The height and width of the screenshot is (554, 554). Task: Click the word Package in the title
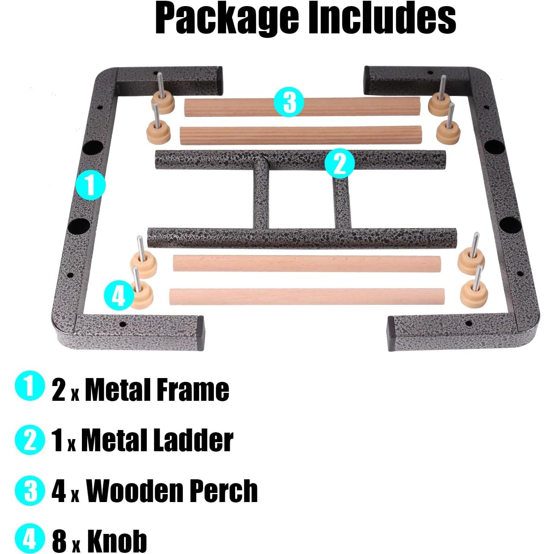tap(226, 18)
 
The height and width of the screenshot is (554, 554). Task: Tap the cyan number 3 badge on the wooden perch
tap(289, 102)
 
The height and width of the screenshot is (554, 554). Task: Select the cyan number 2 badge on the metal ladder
tap(340, 163)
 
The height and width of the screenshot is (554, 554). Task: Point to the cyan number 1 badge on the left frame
tap(90, 185)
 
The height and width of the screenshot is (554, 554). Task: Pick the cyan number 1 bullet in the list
tap(29, 386)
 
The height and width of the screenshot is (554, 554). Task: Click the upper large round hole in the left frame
tap(93, 146)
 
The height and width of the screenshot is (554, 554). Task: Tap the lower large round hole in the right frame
tap(507, 225)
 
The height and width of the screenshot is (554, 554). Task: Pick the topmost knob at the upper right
tap(440, 101)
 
